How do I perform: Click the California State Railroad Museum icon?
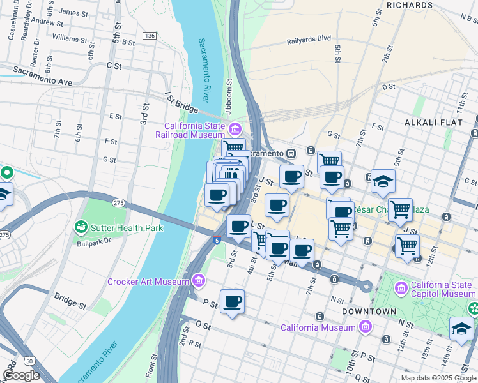235,130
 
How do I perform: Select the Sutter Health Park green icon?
81,227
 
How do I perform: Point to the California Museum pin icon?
365,327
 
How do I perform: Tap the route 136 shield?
150,35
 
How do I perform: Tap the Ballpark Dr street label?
94,241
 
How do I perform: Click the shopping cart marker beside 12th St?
407,244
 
